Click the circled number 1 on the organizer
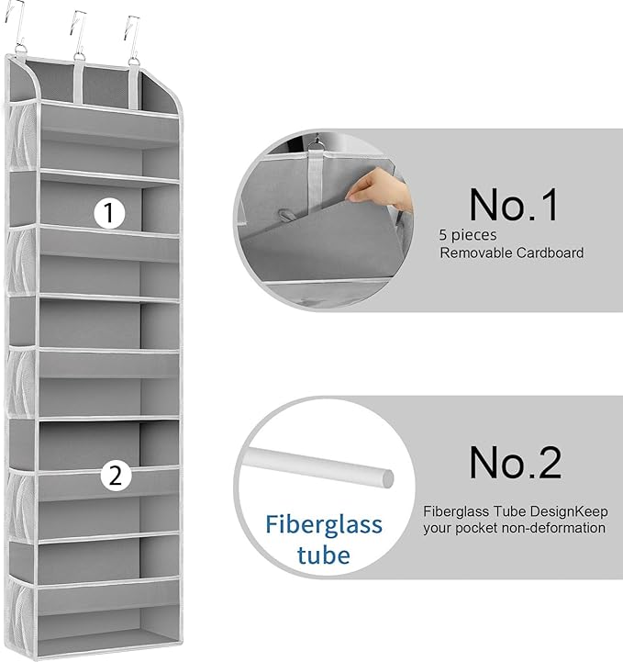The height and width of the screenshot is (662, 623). coord(109,213)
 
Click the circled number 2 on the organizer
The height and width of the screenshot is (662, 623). coord(116,476)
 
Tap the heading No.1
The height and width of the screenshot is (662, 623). coord(513,205)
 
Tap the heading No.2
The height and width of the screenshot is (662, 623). coord(515,463)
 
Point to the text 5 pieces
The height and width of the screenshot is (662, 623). coord(468,235)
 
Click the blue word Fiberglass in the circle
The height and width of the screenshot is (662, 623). coord(324,526)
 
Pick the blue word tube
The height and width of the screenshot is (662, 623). coord(324,555)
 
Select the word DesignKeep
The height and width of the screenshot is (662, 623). coord(569,511)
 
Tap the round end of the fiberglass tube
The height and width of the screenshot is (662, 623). coord(388,478)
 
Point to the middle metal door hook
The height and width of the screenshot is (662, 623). coord(78,34)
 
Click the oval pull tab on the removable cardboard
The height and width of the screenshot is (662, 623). coord(288,216)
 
